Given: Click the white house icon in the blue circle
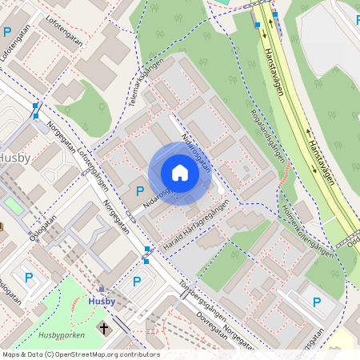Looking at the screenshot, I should coord(180,173).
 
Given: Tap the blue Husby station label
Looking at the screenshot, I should coord(102,301).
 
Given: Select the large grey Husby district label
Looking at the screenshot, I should coord(14,158).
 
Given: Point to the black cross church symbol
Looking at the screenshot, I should coord(103,327).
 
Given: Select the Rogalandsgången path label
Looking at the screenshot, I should coord(268,135).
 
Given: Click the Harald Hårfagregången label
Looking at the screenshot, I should coord(195,228).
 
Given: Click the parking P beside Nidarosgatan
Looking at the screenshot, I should coord(140,190).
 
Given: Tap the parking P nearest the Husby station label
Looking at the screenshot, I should coord(136,282).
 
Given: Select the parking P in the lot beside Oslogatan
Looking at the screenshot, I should coord(30,278).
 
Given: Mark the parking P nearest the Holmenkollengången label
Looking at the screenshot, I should coord(316,302).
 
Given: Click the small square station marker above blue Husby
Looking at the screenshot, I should coord(101,290).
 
